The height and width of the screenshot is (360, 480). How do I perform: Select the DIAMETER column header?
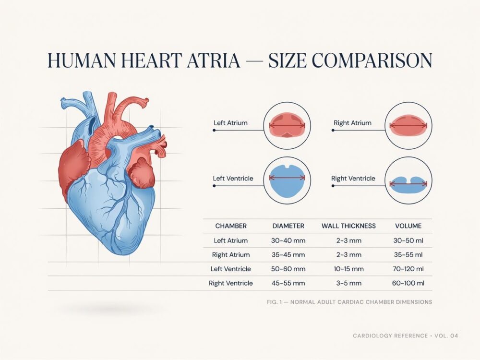click(288, 226)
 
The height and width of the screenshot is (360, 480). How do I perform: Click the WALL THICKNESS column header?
click(348, 226)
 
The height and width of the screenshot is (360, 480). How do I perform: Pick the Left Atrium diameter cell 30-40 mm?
click(288, 240)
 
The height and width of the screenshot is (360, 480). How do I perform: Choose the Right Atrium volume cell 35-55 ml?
click(408, 254)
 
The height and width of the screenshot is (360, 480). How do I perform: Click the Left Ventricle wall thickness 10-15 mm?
click(348, 269)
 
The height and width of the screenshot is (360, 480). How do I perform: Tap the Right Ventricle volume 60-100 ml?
click(408, 283)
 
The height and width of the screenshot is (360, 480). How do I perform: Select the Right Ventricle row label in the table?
click(231, 283)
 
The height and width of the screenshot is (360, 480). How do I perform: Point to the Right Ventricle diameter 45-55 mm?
click(288, 283)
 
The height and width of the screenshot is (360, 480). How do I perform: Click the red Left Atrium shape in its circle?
click(287, 125)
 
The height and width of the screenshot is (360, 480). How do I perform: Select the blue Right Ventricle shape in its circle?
click(408, 184)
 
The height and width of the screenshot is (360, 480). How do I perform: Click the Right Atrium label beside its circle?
click(352, 123)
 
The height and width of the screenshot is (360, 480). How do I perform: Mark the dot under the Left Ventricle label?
click(214, 186)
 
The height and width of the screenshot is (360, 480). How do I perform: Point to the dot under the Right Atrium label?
click(333, 130)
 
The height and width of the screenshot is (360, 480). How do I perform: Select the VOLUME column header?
click(408, 226)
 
